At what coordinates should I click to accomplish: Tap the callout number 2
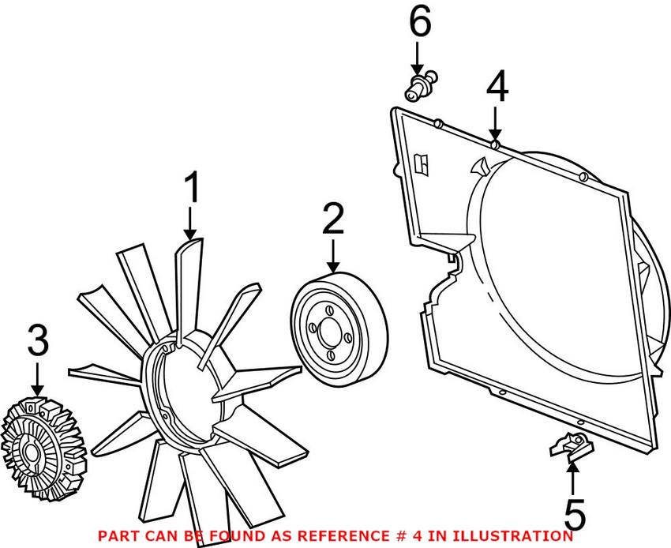coord(333,219)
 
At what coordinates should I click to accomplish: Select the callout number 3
coord(38,340)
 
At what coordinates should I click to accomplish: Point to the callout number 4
coord(497,87)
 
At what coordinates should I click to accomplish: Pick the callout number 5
coord(575,515)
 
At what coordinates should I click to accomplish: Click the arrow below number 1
coord(190,223)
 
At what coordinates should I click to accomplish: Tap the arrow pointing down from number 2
coord(333,256)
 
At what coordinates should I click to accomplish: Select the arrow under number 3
coord(38,379)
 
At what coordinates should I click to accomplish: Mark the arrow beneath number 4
coord(496,124)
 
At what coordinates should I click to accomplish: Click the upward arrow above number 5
coord(572,479)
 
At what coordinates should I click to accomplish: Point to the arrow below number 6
coord(418,59)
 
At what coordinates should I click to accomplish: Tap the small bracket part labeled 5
coord(572,447)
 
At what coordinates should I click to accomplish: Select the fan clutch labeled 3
coord(43,449)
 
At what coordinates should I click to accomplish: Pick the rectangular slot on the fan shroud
coord(423,163)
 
